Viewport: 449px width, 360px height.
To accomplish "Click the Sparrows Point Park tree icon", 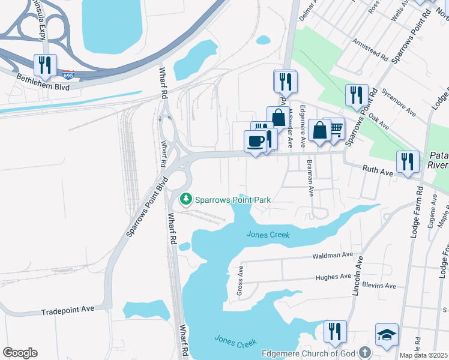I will pos(186,199).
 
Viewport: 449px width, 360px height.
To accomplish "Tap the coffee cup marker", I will pos(255,142).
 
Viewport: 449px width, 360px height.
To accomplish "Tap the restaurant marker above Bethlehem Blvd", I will pos(45,65).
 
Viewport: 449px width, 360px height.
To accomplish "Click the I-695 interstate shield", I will pos(68,75).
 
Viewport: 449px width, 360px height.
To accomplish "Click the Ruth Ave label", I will pos(378,170).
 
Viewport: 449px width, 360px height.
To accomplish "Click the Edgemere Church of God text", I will pos(308,353).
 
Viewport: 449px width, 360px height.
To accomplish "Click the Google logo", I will pos(20,353).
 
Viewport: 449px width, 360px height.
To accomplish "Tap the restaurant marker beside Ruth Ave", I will pos(407,161).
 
